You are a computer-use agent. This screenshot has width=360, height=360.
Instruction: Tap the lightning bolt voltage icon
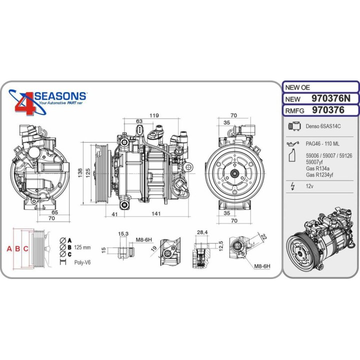[x=292, y=186]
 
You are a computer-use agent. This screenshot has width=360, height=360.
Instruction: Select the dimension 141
[x=156, y=214]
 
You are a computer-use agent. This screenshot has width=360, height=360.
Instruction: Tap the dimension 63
[x=139, y=121]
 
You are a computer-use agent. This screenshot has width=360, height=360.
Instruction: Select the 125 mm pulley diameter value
[x=82, y=247]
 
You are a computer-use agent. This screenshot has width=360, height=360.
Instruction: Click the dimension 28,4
[x=202, y=232]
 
